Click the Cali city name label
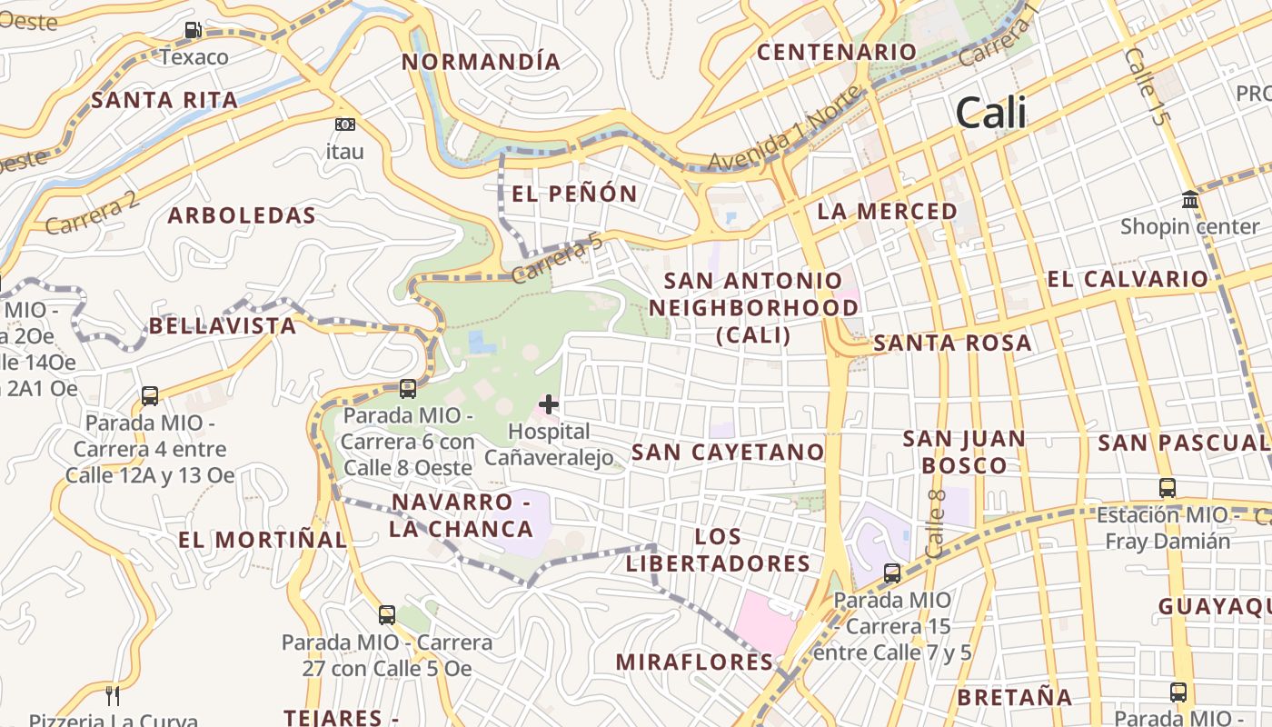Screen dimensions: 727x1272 tap(991, 114)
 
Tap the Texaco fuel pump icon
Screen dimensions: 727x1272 tap(194, 30)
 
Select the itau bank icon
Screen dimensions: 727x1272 tap(344, 124)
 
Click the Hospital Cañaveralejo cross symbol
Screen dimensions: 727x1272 tap(549, 403)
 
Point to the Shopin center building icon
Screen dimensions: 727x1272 tap(1190, 200)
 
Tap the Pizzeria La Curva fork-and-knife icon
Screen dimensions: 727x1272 tap(113, 696)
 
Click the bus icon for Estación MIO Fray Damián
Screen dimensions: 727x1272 tap(1168, 488)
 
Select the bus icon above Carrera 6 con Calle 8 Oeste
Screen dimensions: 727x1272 tap(408, 389)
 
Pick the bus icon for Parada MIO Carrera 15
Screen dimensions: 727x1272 tap(892, 573)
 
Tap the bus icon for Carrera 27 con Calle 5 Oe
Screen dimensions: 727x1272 tap(387, 615)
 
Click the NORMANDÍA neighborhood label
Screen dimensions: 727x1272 tap(482, 62)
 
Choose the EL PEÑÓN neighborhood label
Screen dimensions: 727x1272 tap(575, 194)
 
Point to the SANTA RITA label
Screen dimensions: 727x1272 tap(164, 100)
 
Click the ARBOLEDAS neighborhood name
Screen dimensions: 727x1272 tap(242, 216)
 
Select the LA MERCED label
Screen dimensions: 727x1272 tap(888, 212)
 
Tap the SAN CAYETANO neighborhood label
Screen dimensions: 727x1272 tap(728, 452)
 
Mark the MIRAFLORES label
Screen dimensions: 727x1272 tap(695, 662)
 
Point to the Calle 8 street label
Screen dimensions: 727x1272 tap(937, 523)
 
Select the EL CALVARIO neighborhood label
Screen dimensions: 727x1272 tap(1128, 279)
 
